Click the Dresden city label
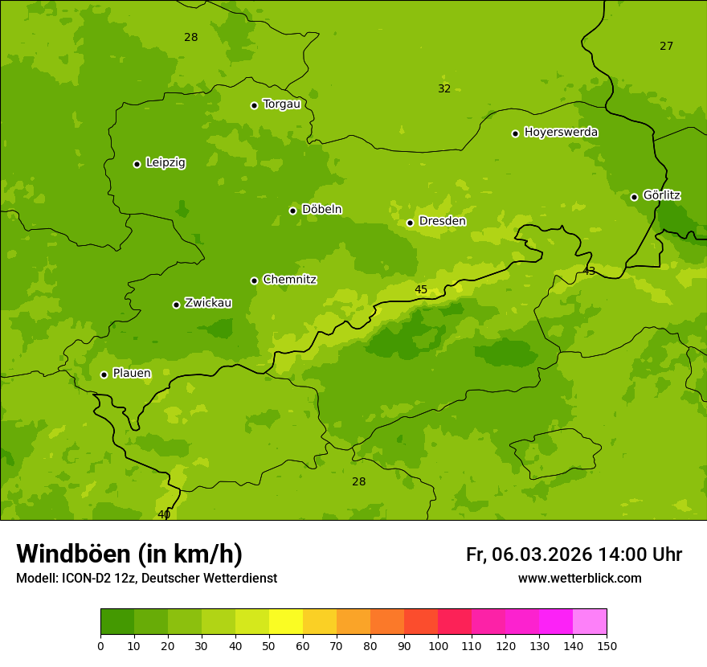point(442,221)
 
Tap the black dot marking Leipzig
point(137,164)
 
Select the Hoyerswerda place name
point(561,132)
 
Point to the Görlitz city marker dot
point(634,197)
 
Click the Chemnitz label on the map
point(289,280)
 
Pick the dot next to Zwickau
point(176,305)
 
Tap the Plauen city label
point(132,373)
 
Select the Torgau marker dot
point(254,105)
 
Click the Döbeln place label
point(321,209)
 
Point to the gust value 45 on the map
point(421,289)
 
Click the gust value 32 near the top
point(444,88)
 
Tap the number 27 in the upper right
point(666,46)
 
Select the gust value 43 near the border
point(589,272)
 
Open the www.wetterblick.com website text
point(579,579)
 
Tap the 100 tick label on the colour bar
point(438,645)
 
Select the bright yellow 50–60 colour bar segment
point(286,622)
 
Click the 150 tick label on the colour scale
point(607,645)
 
